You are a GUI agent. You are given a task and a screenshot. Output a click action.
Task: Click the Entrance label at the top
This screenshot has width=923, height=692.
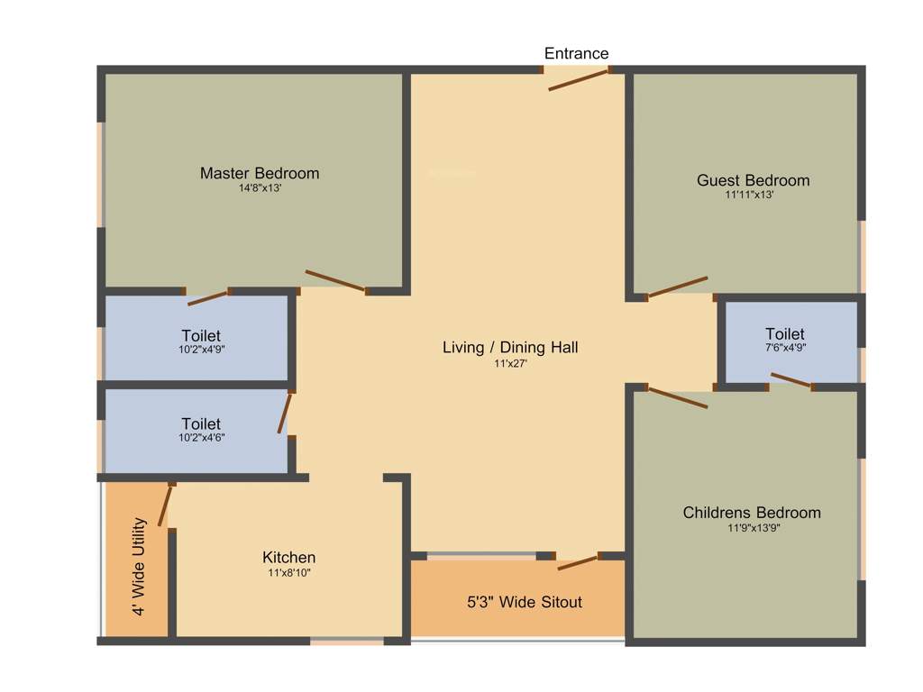coord(576,54)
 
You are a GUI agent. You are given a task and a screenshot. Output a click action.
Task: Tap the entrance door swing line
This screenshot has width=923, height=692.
coord(579,78)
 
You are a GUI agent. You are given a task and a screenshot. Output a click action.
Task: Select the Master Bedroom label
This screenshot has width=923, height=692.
coord(260,173)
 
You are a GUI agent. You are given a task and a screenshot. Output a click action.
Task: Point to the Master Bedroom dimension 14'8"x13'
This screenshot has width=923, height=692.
coord(260,189)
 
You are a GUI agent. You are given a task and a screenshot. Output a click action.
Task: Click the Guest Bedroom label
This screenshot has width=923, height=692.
coord(753,180)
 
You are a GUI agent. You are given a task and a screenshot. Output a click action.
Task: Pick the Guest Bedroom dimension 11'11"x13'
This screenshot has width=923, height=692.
coord(749,195)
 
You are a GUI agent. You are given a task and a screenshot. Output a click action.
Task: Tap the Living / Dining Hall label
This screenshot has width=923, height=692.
coord(510,347)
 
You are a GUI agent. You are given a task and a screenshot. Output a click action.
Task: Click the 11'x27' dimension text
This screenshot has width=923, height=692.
coord(510,363)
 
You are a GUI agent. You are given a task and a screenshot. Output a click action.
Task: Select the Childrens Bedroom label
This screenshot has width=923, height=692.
coord(752,513)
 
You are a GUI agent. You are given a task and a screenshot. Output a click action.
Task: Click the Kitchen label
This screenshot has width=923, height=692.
coord(288,558)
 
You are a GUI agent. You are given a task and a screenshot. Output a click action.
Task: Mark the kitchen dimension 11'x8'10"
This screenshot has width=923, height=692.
coord(288,572)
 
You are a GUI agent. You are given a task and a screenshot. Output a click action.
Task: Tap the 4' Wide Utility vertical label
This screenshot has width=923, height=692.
coord(139,566)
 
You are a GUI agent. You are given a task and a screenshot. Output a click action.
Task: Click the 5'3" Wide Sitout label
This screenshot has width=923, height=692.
coord(524,602)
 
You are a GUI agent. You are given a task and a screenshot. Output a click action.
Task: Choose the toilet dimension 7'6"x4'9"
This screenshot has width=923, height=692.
coord(784,348)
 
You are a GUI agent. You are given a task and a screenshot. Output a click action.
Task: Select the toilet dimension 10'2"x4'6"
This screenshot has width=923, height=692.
coord(201,438)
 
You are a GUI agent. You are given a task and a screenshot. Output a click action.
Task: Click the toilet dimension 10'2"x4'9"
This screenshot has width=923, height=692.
coord(201,350)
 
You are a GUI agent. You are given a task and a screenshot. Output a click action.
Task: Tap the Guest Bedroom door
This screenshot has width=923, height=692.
coord(678,287)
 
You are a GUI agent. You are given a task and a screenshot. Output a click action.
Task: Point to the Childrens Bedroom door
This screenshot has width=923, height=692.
coord(678,397)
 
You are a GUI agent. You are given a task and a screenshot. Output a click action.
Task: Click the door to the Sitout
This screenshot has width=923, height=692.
coord(577,563)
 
